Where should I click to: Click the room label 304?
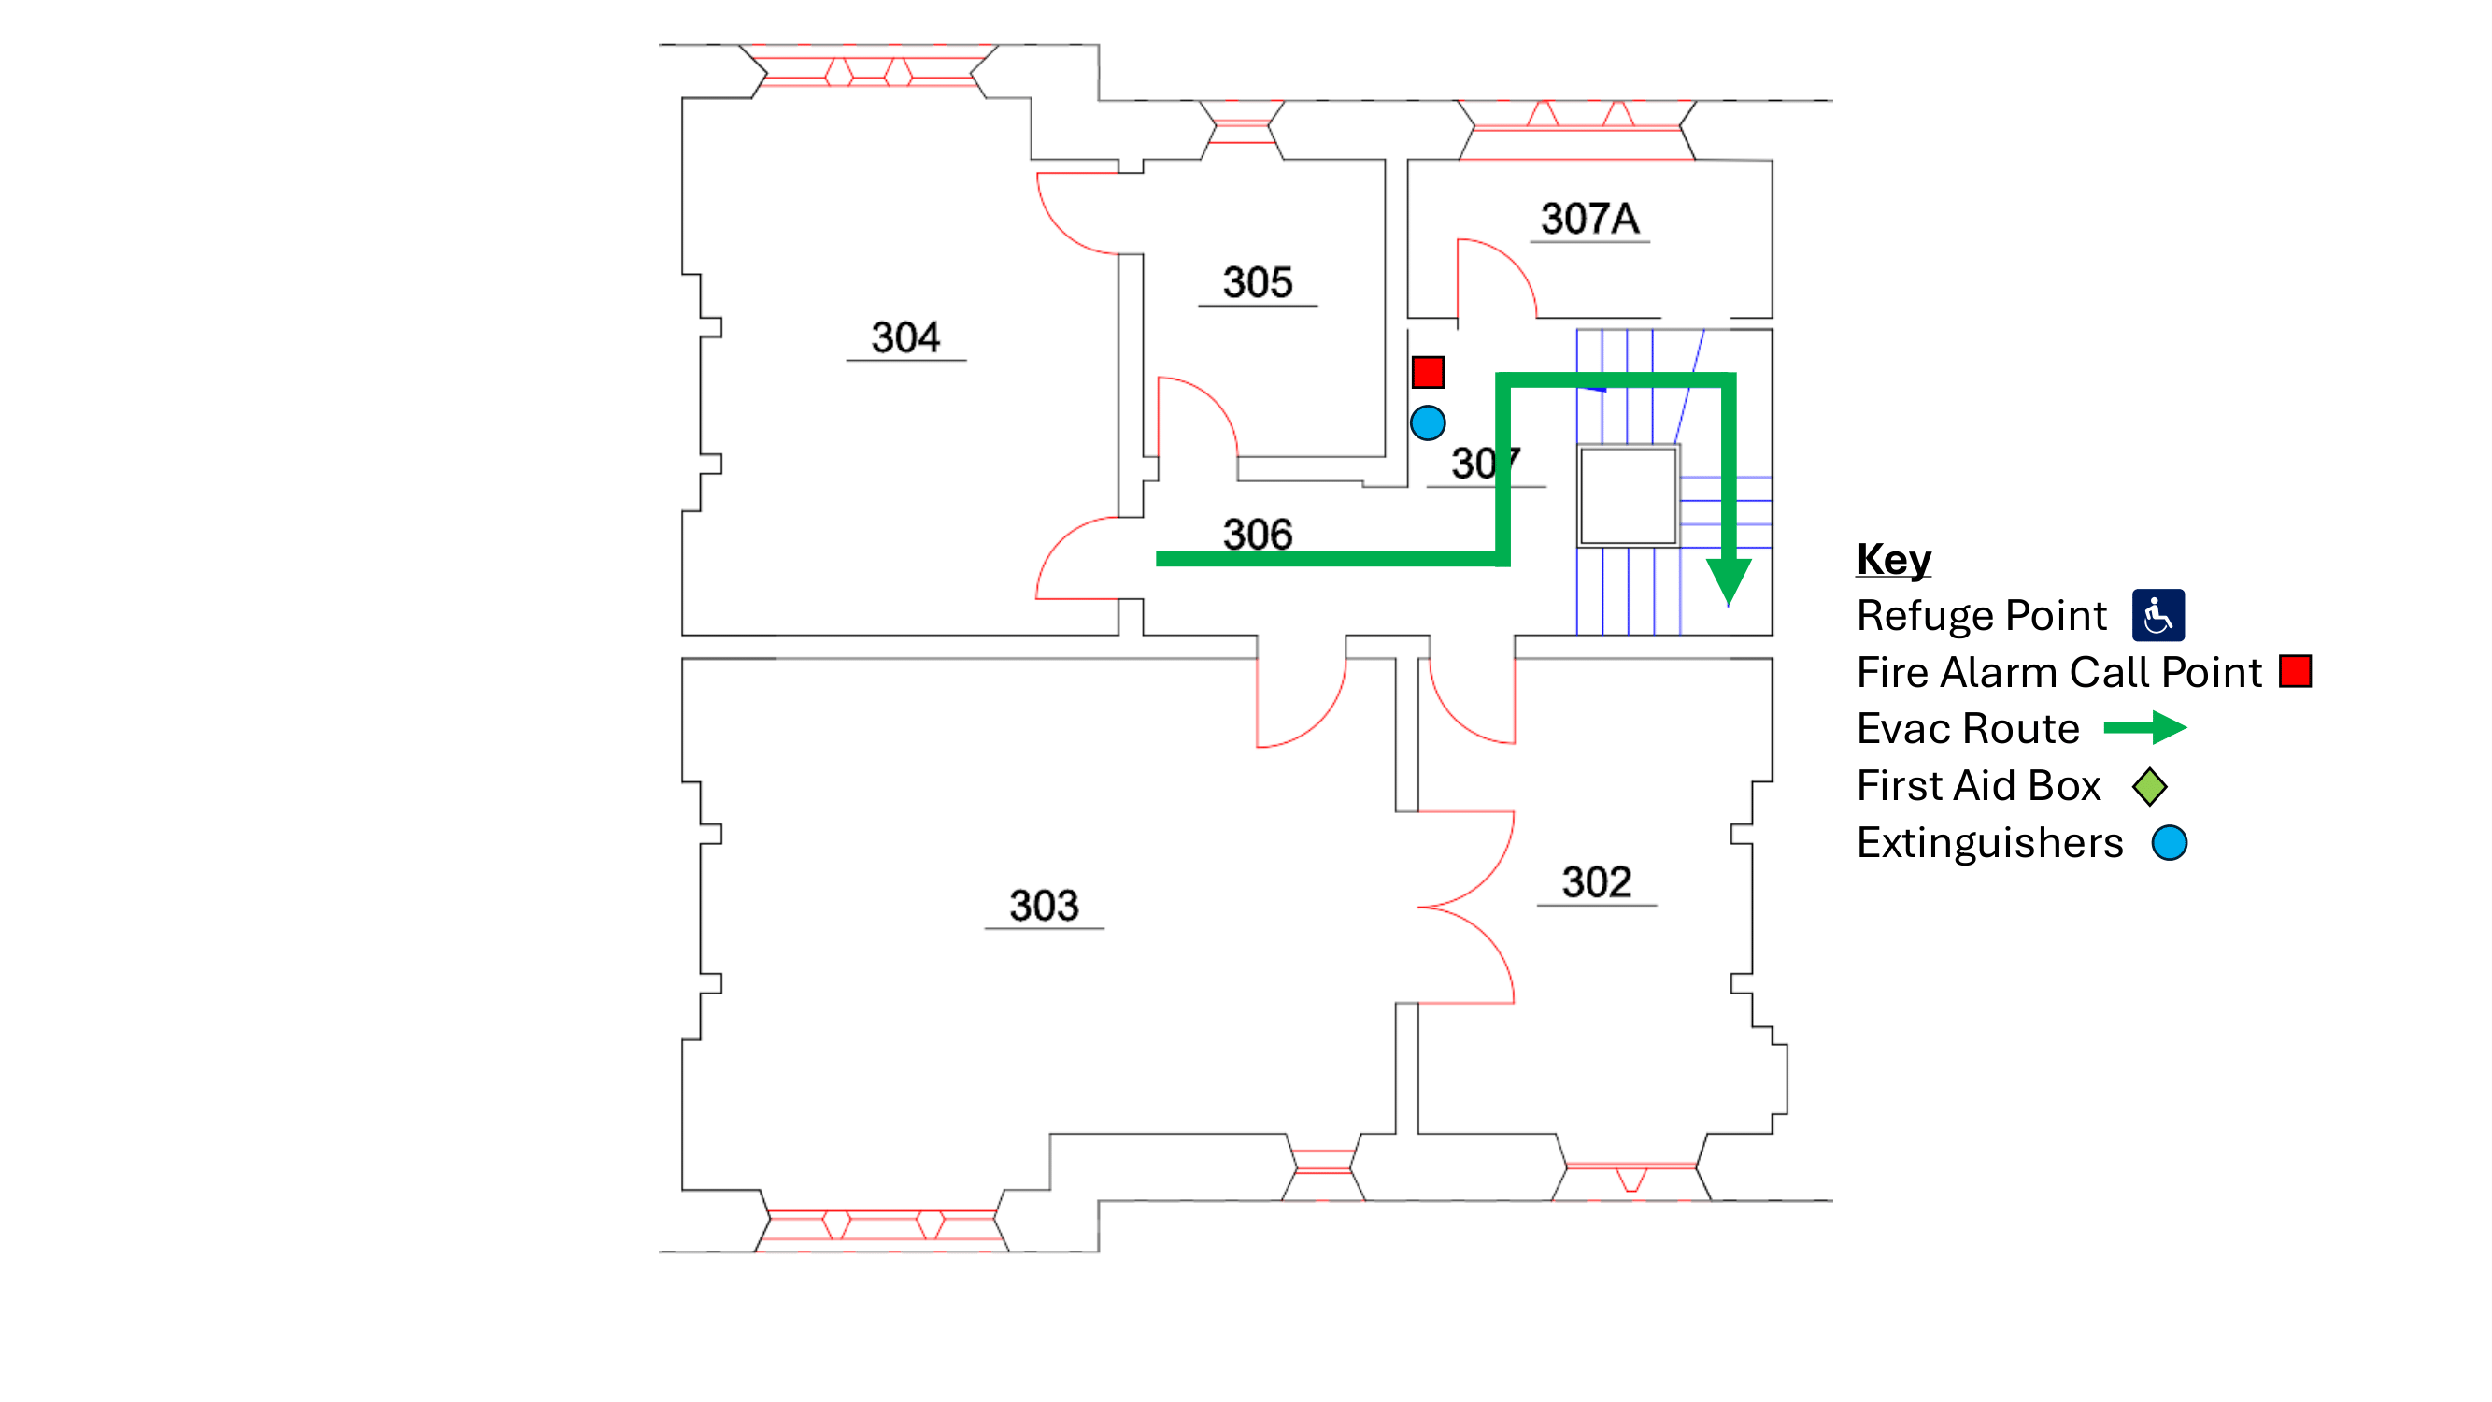click(904, 337)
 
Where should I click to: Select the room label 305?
click(1257, 282)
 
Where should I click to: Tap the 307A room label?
click(1589, 219)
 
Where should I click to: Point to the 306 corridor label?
click(1257, 533)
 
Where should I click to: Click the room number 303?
click(1044, 905)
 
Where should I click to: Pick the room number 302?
click(1596, 881)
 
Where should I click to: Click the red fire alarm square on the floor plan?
click(1427, 373)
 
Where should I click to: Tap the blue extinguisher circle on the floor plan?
click(1427, 422)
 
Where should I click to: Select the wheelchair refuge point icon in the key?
click(2157, 615)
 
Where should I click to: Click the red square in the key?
click(2295, 671)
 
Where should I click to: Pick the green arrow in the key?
click(2144, 727)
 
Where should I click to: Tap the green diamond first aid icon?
click(2148, 786)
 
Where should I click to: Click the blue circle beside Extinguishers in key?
click(2169, 843)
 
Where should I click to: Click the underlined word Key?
click(1893, 559)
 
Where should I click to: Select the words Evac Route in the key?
click(1968, 729)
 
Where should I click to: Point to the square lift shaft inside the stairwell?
click(1628, 495)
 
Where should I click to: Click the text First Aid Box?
click(1978, 786)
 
